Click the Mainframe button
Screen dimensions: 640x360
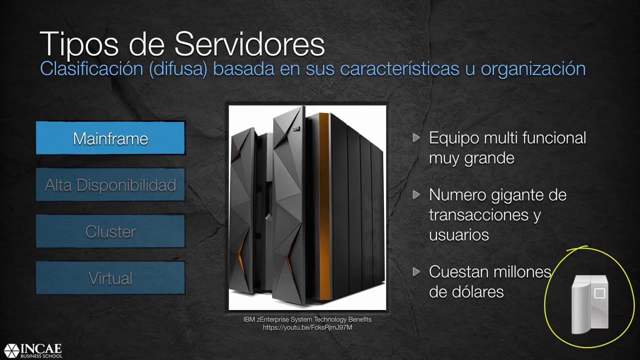click(x=110, y=138)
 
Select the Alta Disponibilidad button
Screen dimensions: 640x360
click(x=110, y=185)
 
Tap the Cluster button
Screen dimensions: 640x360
click(x=110, y=231)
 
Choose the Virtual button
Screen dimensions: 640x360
click(x=110, y=278)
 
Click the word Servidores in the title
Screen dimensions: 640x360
click(x=249, y=44)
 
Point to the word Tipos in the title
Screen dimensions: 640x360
click(x=79, y=45)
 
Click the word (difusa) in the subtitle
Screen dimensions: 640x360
click(x=178, y=69)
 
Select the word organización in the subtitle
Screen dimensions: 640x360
click(x=533, y=69)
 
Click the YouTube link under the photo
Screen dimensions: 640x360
click(x=307, y=327)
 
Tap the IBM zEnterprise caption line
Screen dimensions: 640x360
click(x=307, y=319)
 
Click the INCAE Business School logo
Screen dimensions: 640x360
click(x=33, y=350)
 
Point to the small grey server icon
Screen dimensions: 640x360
click(x=589, y=304)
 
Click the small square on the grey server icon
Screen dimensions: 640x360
click(x=599, y=293)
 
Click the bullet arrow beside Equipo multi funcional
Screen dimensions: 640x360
click(x=416, y=137)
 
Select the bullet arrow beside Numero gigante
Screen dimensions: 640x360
click(x=416, y=195)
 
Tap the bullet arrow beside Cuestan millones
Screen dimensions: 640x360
click(x=416, y=271)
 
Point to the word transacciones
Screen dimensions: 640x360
click(x=479, y=215)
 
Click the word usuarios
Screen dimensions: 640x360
click(x=459, y=235)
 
